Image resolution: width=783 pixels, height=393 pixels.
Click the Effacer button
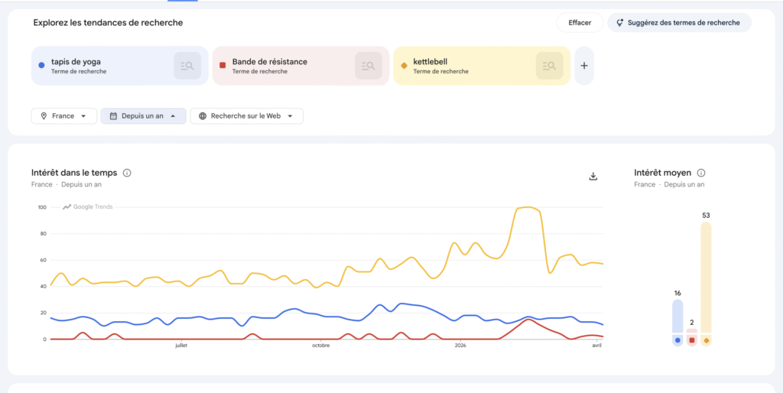click(580, 23)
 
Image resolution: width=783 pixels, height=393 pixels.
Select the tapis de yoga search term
click(76, 62)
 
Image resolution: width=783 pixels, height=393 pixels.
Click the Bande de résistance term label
click(270, 62)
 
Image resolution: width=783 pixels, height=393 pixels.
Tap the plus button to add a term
click(584, 66)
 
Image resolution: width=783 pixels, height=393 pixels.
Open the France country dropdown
click(64, 116)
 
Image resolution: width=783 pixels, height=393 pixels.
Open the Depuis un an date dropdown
click(143, 116)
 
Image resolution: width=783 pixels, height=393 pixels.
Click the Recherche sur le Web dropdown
click(246, 116)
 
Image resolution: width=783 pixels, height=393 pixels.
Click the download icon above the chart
click(593, 176)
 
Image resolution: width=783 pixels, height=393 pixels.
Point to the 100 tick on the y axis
click(41, 207)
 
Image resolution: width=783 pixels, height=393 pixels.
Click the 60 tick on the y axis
click(43, 260)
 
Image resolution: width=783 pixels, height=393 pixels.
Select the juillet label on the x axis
click(181, 346)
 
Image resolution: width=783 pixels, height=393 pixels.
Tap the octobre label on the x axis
click(320, 346)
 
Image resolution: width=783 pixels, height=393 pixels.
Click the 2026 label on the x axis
click(460, 346)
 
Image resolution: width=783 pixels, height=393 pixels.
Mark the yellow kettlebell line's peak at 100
click(526, 207)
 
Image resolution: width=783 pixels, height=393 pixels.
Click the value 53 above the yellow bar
click(706, 216)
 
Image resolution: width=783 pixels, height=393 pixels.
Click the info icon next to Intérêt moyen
click(701, 173)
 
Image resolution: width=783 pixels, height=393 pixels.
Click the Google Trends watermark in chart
click(88, 206)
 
